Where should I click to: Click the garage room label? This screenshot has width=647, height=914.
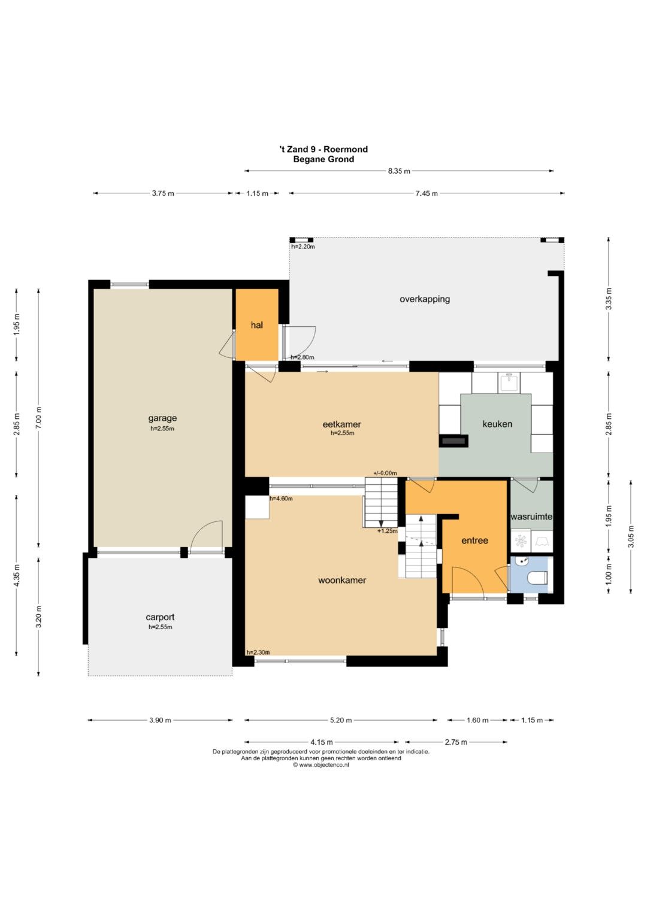[x=162, y=418]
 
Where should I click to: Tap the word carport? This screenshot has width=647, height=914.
[x=160, y=618]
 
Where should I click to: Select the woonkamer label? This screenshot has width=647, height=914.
[x=342, y=580]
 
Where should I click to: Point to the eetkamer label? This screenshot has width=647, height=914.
[x=342, y=424]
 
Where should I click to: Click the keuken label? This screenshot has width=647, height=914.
[x=497, y=424]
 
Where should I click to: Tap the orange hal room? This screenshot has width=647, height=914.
[x=258, y=325]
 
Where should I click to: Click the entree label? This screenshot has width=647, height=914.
[x=474, y=540]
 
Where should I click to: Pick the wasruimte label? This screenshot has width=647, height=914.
[x=531, y=517]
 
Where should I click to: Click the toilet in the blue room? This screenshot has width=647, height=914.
[x=537, y=578]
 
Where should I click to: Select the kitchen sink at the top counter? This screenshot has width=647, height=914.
[x=509, y=382]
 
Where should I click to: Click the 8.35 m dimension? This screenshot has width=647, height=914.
[x=398, y=171]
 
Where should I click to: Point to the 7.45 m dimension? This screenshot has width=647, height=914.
[x=427, y=193]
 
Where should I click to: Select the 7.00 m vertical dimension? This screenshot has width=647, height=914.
[x=39, y=418]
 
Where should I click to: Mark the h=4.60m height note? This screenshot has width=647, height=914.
[x=281, y=499]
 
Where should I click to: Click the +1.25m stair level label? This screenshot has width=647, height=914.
[x=387, y=531]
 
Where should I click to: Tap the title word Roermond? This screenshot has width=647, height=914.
[x=346, y=150]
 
